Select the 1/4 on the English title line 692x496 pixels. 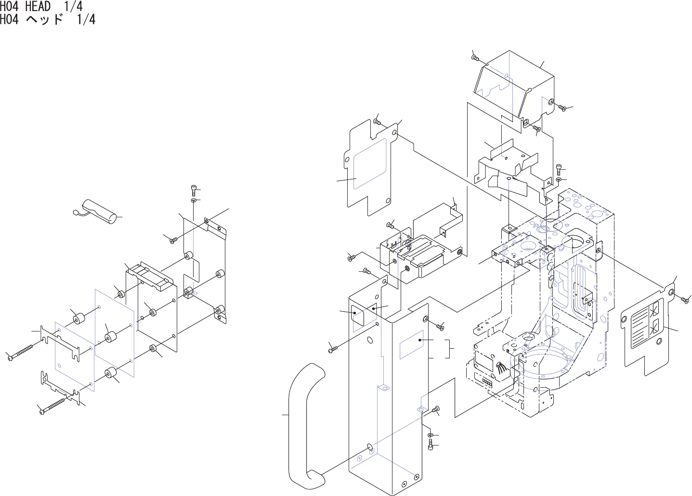(x=73, y=7)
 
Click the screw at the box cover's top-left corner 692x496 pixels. (x=475, y=58)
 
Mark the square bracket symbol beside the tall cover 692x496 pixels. (x=450, y=349)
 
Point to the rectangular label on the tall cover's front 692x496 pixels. (x=412, y=344)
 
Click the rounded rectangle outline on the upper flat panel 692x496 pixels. (x=371, y=164)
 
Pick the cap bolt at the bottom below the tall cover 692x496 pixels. (x=431, y=445)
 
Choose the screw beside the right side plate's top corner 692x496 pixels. (x=684, y=299)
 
